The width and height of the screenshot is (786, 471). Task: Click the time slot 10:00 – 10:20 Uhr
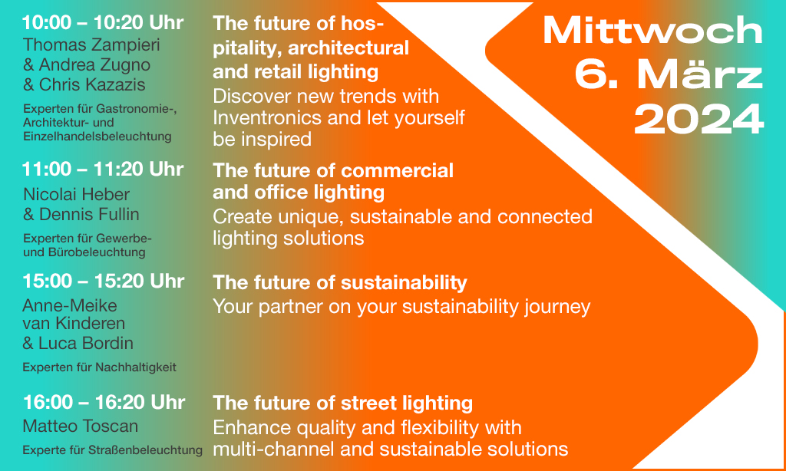pyautogui.click(x=103, y=23)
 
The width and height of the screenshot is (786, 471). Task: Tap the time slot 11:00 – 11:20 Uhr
pyautogui.click(x=103, y=170)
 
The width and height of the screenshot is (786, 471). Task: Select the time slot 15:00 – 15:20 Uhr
pyautogui.click(x=104, y=281)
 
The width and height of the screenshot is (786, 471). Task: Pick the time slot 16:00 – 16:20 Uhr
pyautogui.click(x=104, y=403)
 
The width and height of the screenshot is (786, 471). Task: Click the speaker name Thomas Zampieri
pyautogui.click(x=91, y=45)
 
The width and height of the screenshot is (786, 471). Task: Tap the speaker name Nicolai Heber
pyautogui.click(x=76, y=194)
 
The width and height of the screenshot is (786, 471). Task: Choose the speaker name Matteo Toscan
pyautogui.click(x=80, y=427)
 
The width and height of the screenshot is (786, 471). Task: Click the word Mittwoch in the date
pyautogui.click(x=652, y=31)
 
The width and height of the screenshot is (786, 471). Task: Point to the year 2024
pyautogui.click(x=698, y=120)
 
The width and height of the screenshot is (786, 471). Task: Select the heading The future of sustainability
pyautogui.click(x=340, y=283)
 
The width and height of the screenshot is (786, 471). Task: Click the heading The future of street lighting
pyautogui.click(x=343, y=403)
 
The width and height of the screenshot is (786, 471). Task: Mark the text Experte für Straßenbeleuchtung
pyautogui.click(x=112, y=450)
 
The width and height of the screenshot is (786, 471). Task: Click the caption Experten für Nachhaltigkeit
pyautogui.click(x=99, y=367)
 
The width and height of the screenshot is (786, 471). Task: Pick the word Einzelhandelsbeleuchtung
pyautogui.click(x=97, y=137)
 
